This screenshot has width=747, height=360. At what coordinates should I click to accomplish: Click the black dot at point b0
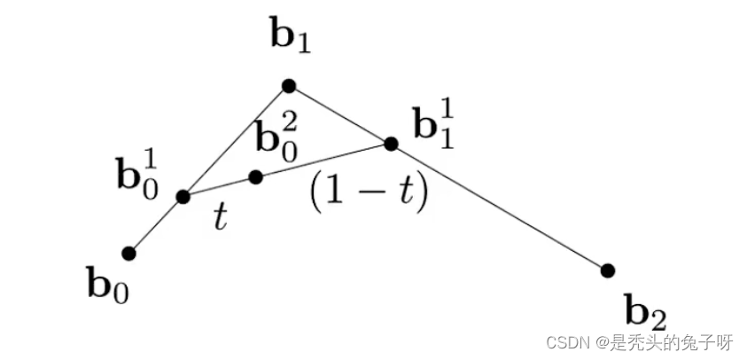tap(128, 254)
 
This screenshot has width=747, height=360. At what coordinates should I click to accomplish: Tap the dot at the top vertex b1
tap(288, 86)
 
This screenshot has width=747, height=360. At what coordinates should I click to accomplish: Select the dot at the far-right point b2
tap(607, 270)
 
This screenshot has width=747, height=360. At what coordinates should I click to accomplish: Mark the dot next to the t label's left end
tap(183, 197)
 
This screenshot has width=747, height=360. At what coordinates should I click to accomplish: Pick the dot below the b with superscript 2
tap(256, 177)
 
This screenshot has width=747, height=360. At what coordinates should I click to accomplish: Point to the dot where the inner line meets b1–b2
tap(391, 143)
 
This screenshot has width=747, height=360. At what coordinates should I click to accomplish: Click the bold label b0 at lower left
tap(107, 286)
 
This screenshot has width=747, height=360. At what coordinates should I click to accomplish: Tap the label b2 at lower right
tap(645, 312)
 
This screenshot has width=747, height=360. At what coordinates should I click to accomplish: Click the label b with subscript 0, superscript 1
tap(138, 171)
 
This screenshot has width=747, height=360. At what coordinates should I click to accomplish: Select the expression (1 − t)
tap(368, 192)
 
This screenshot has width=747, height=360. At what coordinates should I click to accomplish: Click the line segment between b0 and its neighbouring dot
tap(156, 225)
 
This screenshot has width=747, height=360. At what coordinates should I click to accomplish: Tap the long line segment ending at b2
tap(499, 207)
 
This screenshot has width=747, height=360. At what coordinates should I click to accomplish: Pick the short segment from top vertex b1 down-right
tap(339, 114)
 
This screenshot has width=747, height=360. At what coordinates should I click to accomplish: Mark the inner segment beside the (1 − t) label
tap(323, 160)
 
